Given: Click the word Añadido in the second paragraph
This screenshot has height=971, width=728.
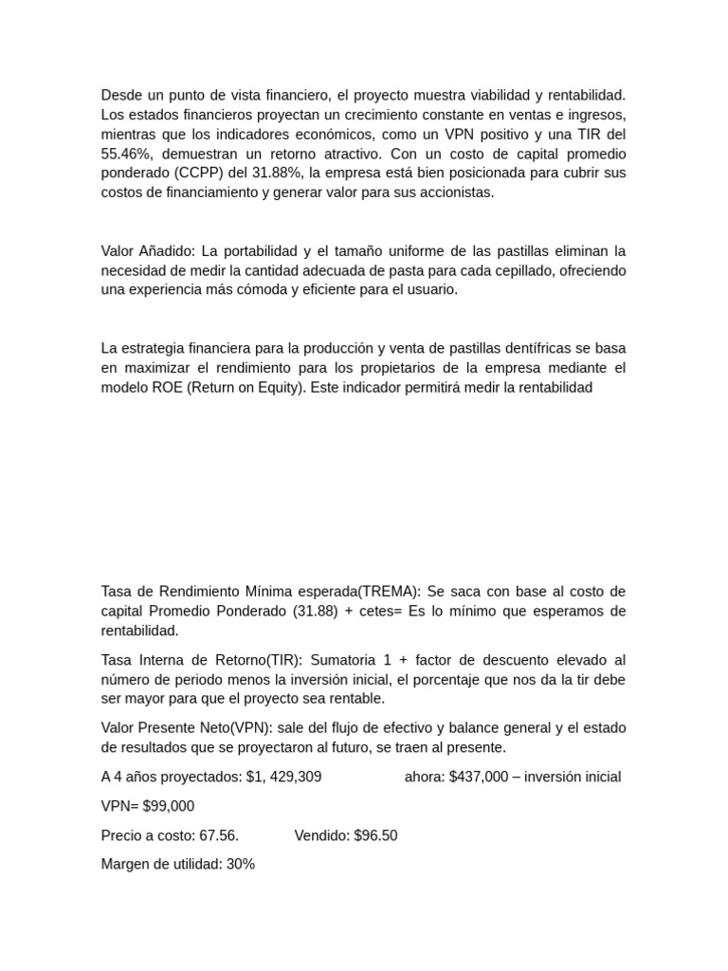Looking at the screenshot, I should [165, 251].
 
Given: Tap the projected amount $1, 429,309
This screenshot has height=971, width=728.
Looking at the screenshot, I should [283, 777].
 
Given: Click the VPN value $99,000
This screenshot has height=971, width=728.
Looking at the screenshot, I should [167, 806].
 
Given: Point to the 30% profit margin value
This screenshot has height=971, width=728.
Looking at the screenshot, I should [241, 865].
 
